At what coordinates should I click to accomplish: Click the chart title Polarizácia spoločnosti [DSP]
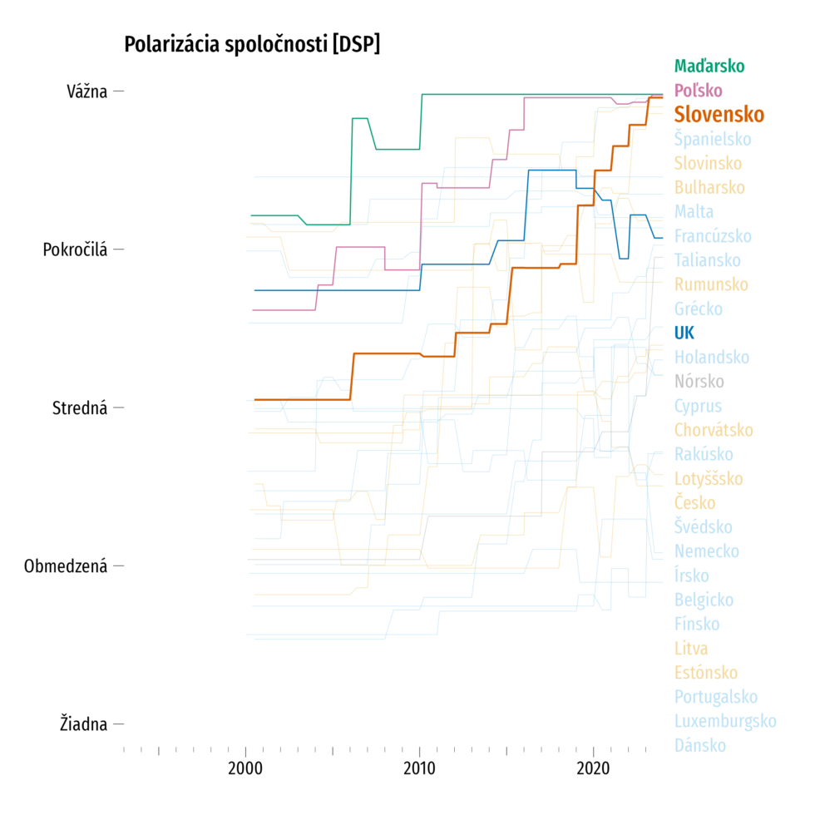(x=252, y=45)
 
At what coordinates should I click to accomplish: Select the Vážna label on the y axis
(x=87, y=91)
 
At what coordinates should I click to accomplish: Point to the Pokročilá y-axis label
(x=75, y=249)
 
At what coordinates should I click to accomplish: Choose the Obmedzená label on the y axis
(x=66, y=566)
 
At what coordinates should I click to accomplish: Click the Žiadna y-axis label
(x=84, y=724)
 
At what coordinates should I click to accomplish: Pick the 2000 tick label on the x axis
(x=247, y=766)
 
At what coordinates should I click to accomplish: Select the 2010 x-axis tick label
(x=420, y=766)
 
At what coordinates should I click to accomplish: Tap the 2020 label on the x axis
(x=593, y=766)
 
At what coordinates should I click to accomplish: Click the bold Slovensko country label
(x=719, y=114)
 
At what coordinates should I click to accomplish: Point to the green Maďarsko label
(x=709, y=66)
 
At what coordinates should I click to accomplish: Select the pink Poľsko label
(x=699, y=90)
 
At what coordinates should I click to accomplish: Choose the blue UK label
(x=684, y=333)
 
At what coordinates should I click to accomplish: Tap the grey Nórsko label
(x=699, y=382)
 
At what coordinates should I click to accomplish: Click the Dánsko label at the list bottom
(x=700, y=745)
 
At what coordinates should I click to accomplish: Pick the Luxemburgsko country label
(x=725, y=721)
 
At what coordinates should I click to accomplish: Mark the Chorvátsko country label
(x=714, y=430)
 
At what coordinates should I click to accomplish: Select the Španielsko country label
(x=713, y=139)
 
